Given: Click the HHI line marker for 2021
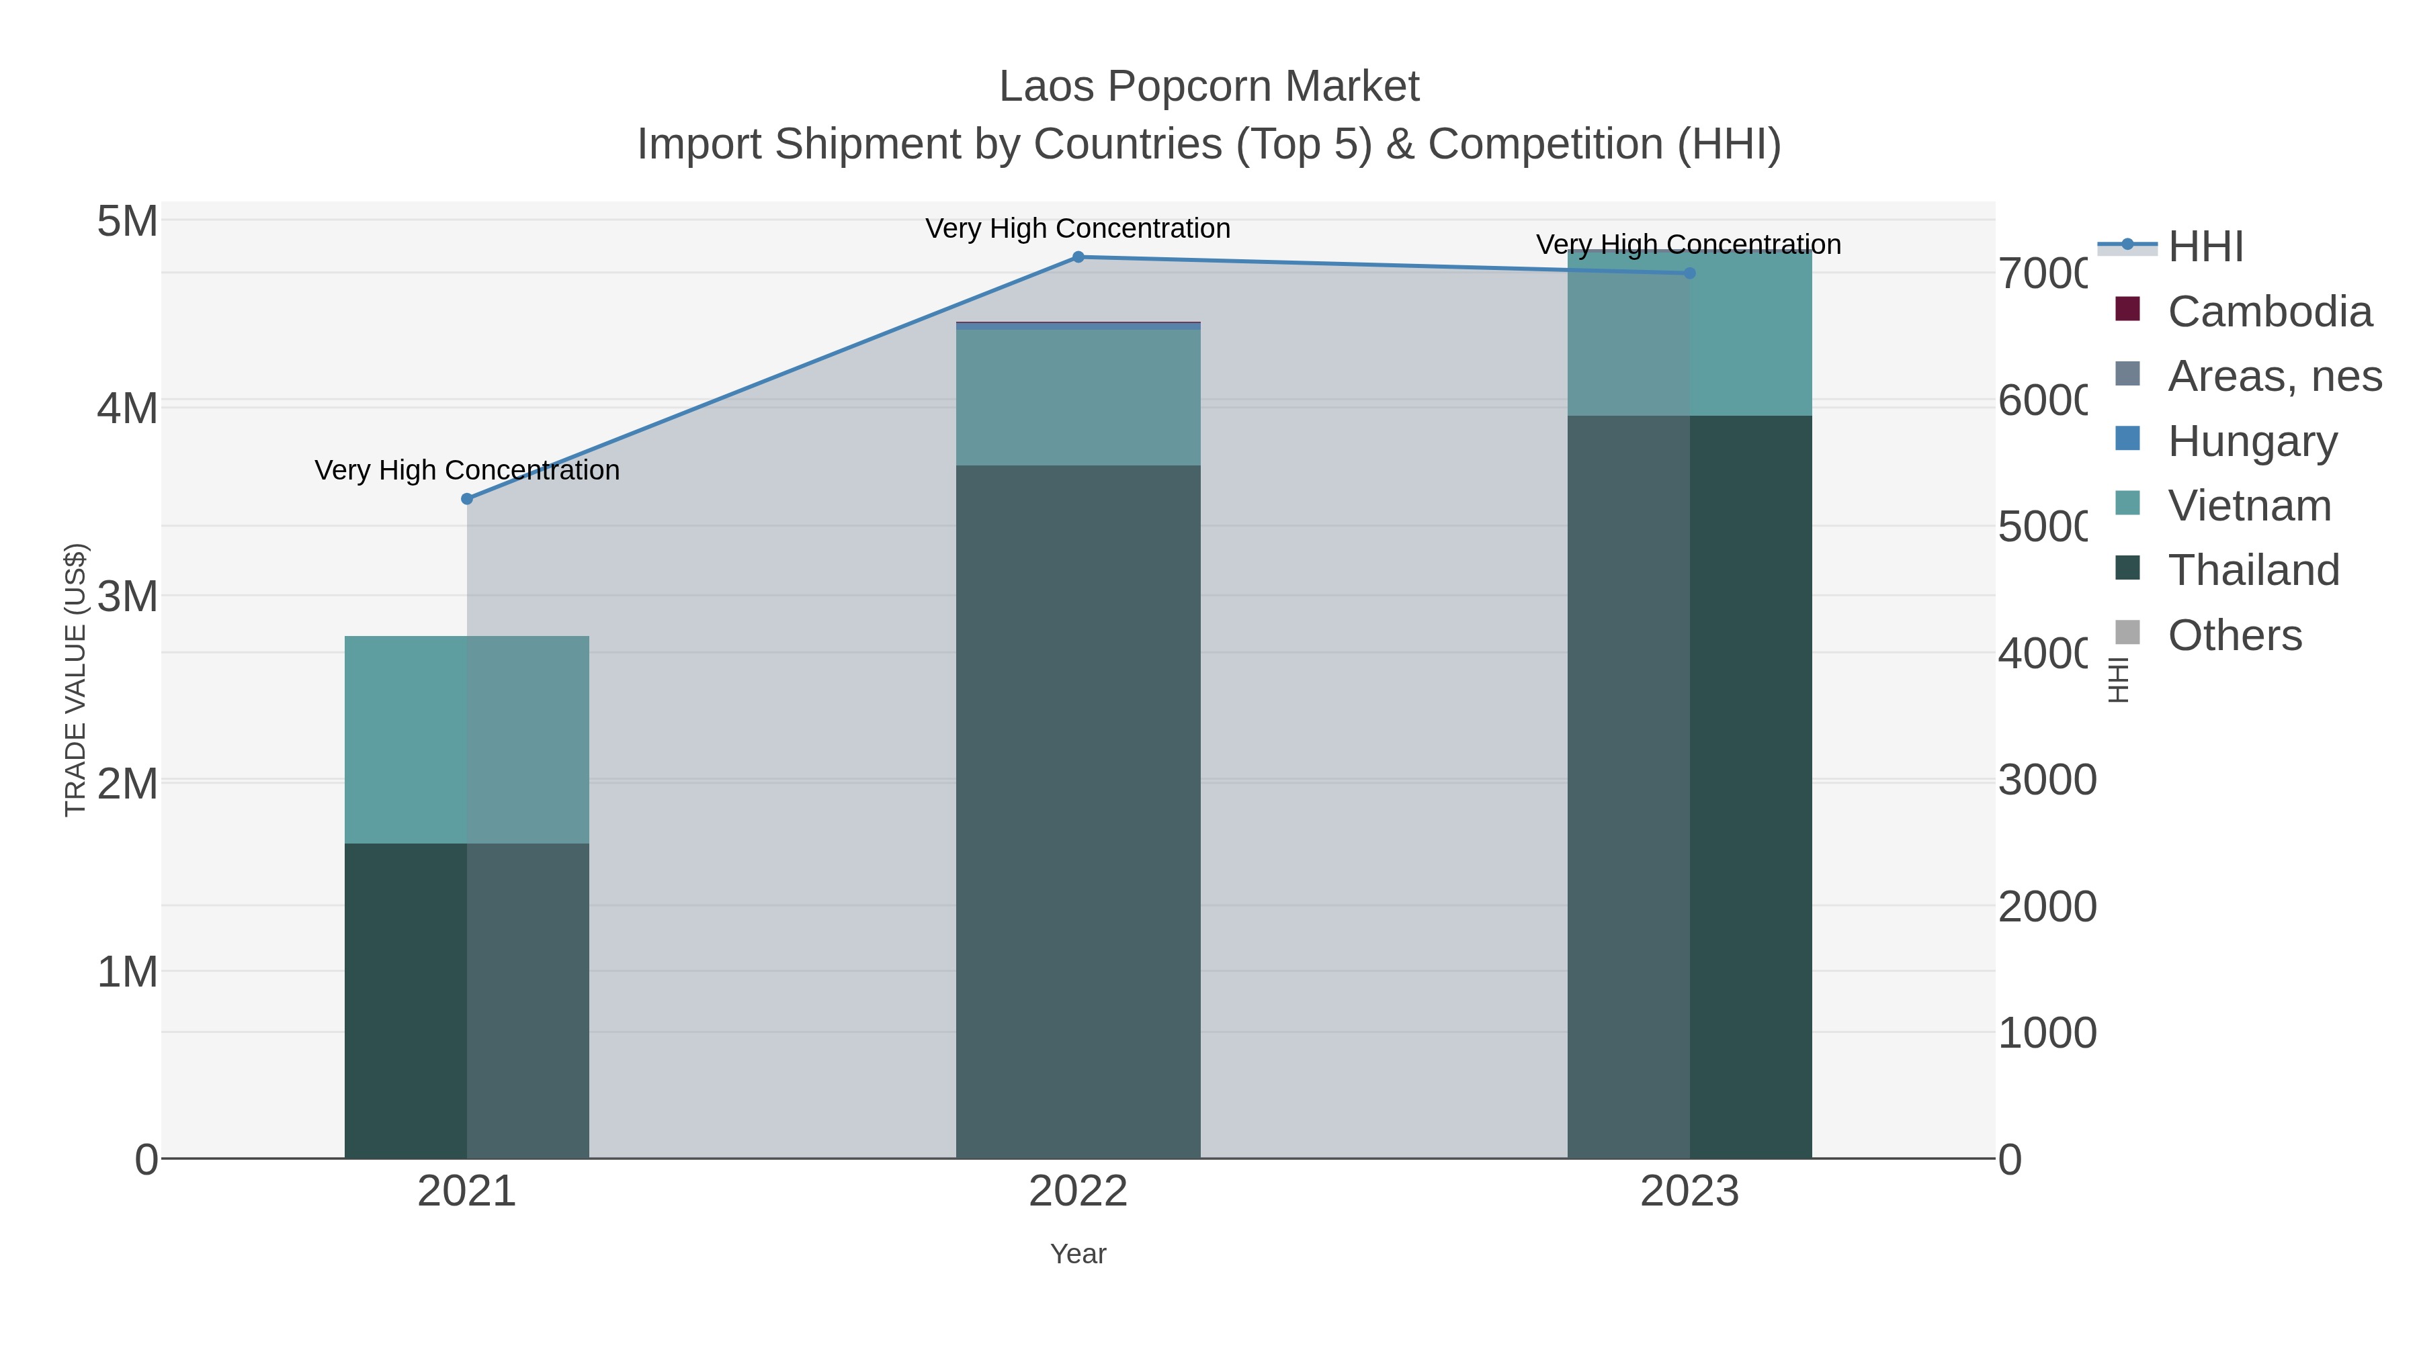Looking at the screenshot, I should click(x=467, y=498).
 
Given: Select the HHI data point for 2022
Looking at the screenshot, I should click(x=1078, y=257).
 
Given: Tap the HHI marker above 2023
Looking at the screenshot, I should click(x=1689, y=273).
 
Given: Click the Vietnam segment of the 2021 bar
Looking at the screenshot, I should click(x=467, y=739).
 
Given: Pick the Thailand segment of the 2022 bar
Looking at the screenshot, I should click(x=1078, y=812).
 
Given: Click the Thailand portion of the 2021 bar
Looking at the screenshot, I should click(x=467, y=999).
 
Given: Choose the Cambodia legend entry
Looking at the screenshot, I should click(x=2268, y=312).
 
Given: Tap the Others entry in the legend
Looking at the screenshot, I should click(x=2234, y=635).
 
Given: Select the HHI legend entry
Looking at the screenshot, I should click(x=2205, y=247).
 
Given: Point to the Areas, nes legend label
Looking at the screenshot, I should click(x=2275, y=376).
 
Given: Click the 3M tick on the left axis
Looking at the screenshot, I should click(x=128, y=596).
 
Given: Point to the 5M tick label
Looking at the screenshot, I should click(x=128, y=222).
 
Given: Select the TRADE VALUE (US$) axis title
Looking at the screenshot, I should click(x=75, y=680).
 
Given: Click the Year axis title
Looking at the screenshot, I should click(x=1078, y=1254).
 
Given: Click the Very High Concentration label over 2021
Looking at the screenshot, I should click(x=467, y=470).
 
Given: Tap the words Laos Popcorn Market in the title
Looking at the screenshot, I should click(x=1209, y=87).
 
